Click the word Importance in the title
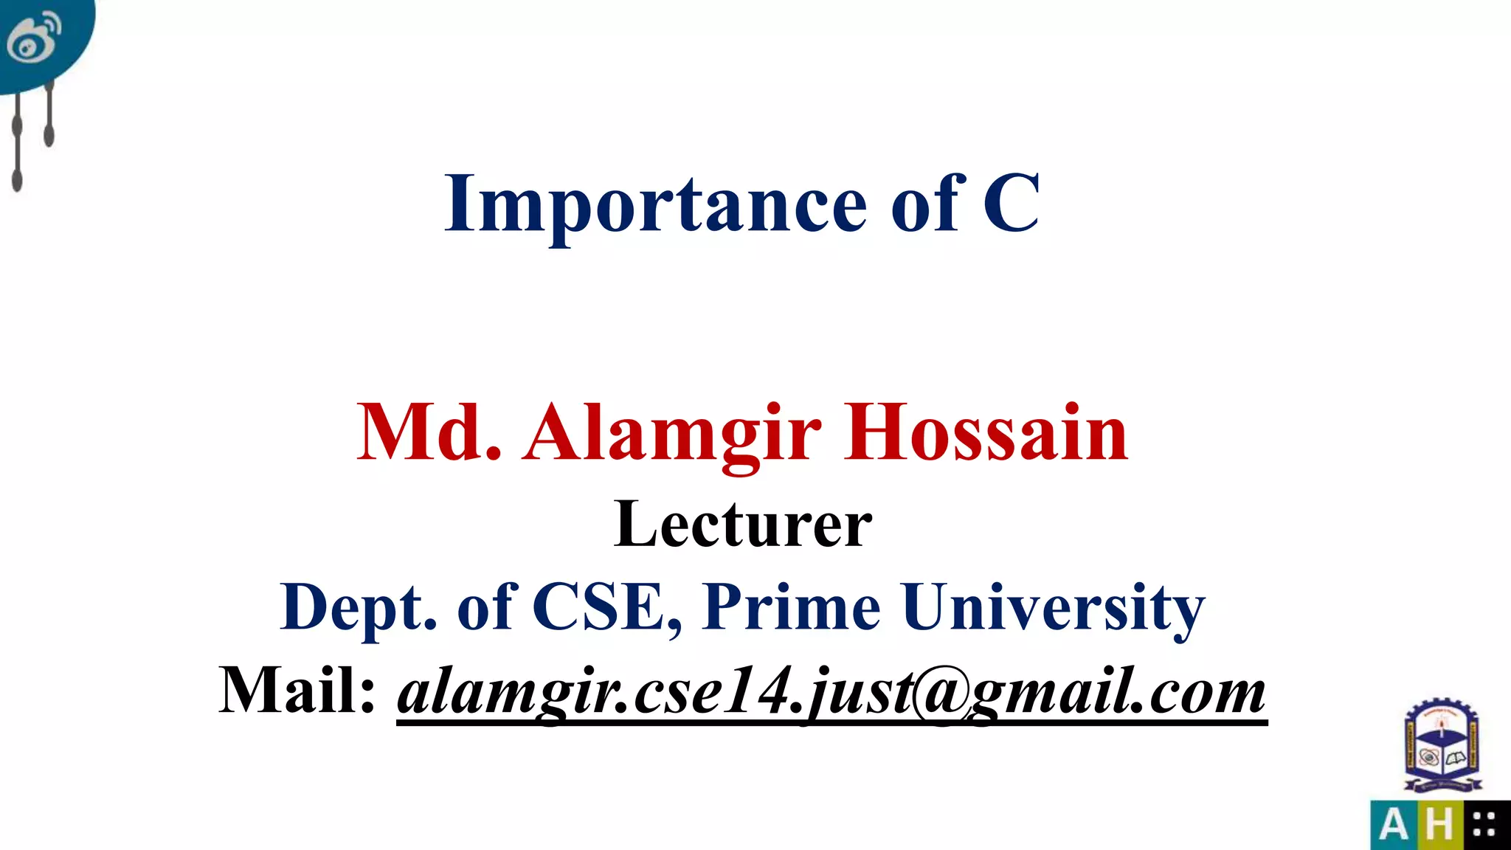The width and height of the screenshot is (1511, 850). [x=655, y=204]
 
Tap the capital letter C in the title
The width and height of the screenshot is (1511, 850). [x=1011, y=203]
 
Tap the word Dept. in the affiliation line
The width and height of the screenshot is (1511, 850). [x=359, y=607]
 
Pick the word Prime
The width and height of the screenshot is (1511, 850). [x=791, y=607]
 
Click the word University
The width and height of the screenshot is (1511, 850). [x=1053, y=608]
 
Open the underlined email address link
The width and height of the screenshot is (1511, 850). [x=831, y=692]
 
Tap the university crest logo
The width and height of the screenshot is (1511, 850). [x=1442, y=747]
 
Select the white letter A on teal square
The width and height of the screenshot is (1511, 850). [x=1393, y=825]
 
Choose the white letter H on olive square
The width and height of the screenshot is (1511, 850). [x=1439, y=825]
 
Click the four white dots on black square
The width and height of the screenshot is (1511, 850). [x=1484, y=825]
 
